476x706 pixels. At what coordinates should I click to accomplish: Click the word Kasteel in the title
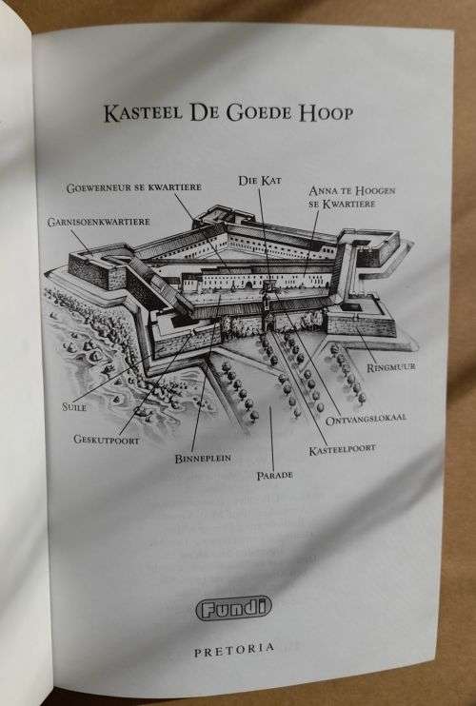click(143, 113)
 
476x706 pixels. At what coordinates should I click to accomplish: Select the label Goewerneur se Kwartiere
click(133, 187)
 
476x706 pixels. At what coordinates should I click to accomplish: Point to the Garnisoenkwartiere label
click(99, 222)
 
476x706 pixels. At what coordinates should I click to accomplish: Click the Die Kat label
click(260, 181)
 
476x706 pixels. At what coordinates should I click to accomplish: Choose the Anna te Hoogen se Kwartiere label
click(351, 197)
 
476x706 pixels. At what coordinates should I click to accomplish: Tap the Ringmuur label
click(391, 367)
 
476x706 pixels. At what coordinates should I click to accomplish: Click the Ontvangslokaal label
click(366, 420)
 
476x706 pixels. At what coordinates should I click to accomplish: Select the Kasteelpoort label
click(343, 449)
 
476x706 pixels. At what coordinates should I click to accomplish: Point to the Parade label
click(275, 475)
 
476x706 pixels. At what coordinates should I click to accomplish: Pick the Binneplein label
click(203, 459)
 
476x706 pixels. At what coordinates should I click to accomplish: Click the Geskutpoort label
click(107, 440)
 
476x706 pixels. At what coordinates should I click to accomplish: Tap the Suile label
click(74, 407)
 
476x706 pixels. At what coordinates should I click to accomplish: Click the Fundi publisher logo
click(234, 608)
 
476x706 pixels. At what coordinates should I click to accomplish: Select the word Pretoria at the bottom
click(234, 649)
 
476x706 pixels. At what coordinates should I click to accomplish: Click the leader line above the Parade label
click(271, 437)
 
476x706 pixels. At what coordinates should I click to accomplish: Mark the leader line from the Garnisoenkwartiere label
click(83, 241)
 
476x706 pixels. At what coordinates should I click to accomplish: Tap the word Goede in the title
click(259, 113)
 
